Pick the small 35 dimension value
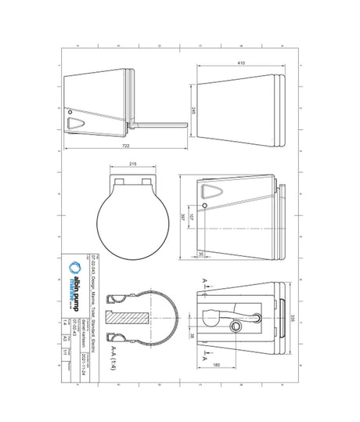[200, 255]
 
